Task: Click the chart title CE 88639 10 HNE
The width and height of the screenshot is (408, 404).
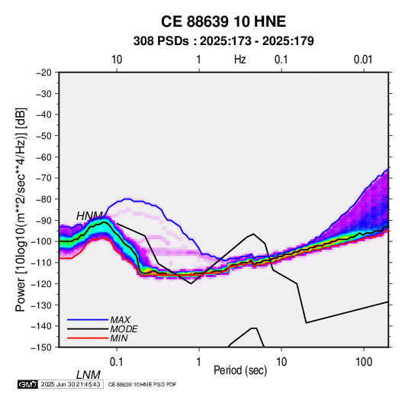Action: coord(223,21)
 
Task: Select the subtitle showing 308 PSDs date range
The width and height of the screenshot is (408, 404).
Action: coord(223,41)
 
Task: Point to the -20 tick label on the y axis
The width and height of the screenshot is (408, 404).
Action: coord(43,73)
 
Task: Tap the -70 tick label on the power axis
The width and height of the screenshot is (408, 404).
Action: coord(43,178)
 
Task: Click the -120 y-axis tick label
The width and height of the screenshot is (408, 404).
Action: coord(42,283)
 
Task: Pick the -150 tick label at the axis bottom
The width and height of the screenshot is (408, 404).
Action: coord(42,347)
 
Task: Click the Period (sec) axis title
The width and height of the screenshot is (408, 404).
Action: coord(240,370)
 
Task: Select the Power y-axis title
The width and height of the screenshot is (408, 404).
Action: coord(21,209)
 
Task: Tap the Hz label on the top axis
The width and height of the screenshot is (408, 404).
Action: coord(239,60)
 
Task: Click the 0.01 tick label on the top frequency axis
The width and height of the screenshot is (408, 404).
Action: coord(363,60)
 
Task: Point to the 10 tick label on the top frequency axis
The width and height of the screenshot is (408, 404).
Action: coord(117,60)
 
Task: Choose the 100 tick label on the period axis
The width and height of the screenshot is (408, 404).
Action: coord(364,362)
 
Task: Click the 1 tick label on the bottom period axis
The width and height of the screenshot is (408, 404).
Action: coord(199,362)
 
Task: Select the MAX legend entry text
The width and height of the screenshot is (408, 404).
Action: coord(120,320)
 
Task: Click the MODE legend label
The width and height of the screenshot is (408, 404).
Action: coord(124,329)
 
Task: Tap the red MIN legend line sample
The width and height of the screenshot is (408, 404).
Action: coord(88,338)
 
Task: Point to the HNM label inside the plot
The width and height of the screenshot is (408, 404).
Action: coord(89,216)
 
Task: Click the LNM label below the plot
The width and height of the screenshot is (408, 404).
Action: coord(88,375)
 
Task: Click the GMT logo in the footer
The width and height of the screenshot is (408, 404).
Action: coord(28,384)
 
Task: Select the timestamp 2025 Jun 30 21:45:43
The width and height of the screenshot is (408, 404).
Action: coord(70,384)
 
